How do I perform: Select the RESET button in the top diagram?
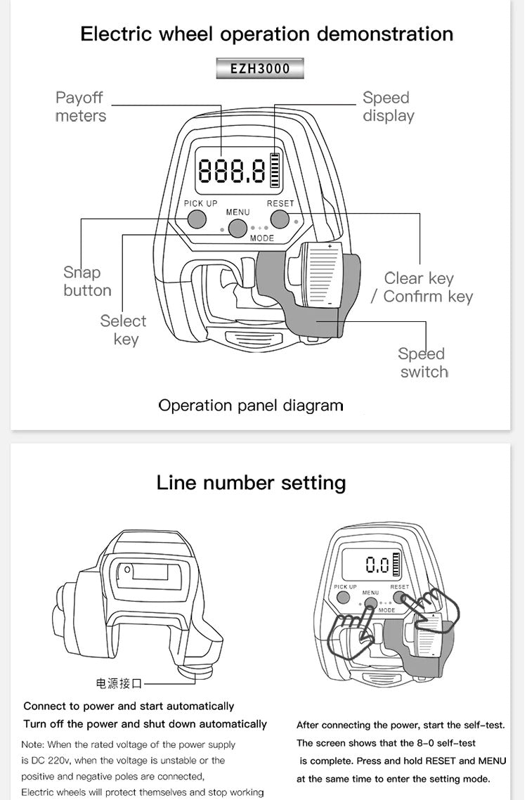[280, 219]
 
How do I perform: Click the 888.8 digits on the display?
[232, 171]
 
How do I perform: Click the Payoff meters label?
[80, 107]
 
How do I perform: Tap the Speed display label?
[388, 107]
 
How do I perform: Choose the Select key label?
[124, 330]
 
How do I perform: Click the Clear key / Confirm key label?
[422, 288]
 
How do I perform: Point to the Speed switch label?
[423, 363]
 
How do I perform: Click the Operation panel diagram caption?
[251, 406]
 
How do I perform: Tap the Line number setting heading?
[251, 483]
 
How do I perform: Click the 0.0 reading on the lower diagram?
[377, 564]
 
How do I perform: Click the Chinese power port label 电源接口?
[119, 683]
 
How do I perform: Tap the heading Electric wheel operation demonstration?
[266, 34]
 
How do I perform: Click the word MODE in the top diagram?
[261, 238]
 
